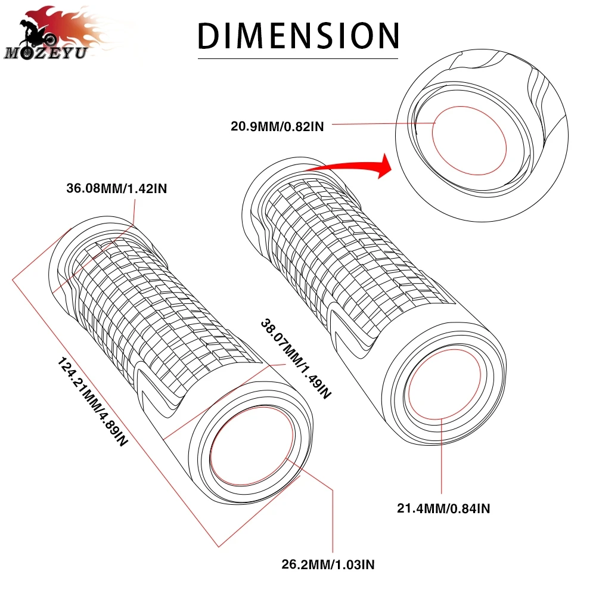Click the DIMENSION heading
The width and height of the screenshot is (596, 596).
coord(298,36)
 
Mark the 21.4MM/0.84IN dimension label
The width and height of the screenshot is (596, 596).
coord(443,508)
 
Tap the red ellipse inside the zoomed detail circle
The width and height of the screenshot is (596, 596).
coord(468,141)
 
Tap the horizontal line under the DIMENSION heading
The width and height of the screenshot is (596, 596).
coord(298,59)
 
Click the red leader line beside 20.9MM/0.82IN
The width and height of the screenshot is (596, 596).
coord(381,124)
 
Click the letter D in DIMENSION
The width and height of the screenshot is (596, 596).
coord(210,36)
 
